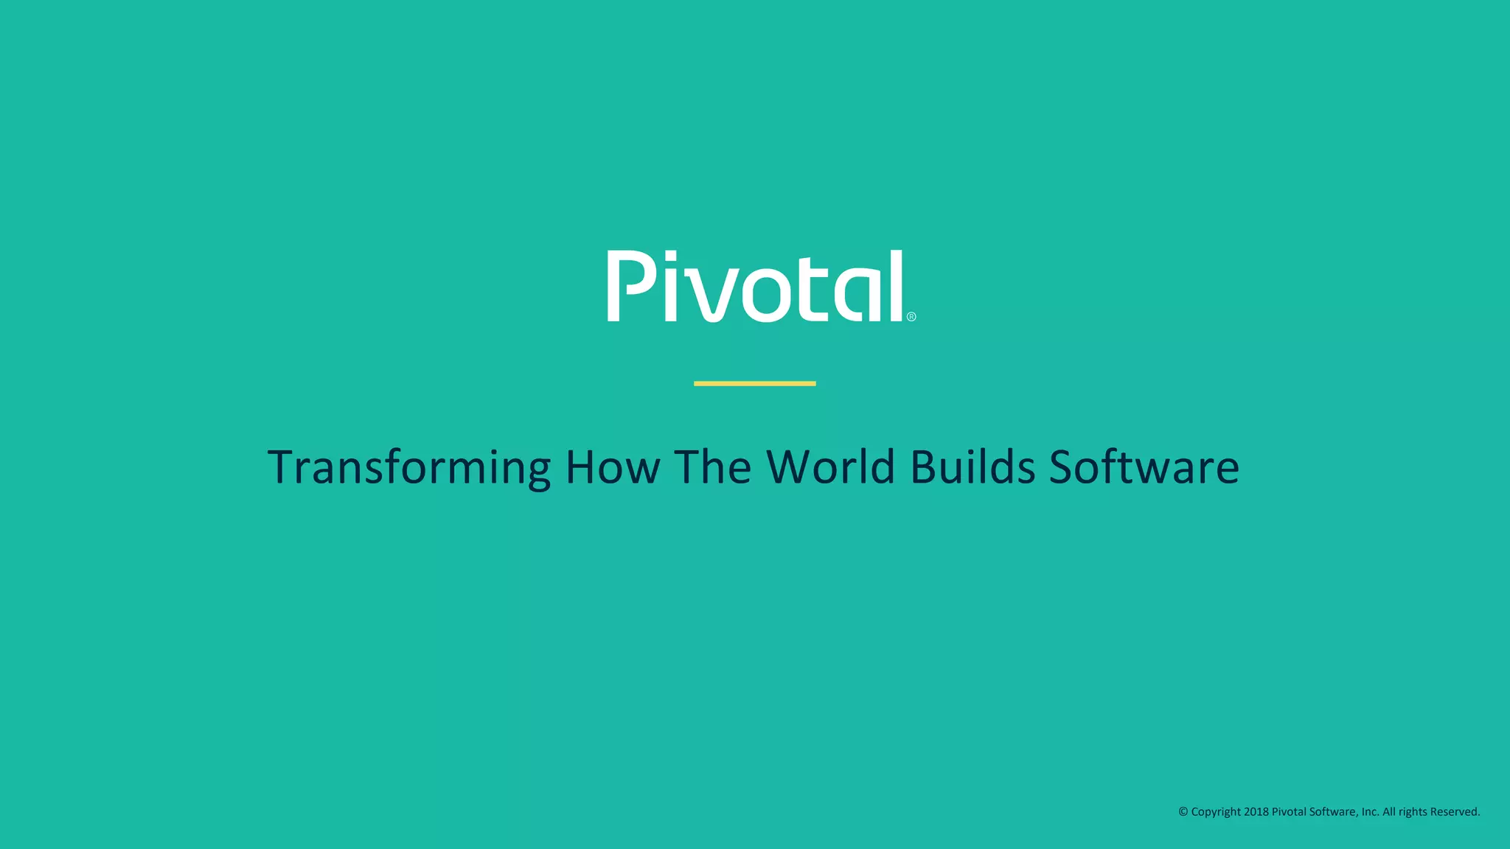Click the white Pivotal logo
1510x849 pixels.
[756, 286]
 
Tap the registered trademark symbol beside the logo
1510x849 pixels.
[911, 317]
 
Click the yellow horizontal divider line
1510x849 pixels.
[754, 383]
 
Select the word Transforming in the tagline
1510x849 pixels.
[409, 467]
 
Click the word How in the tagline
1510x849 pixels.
[612, 467]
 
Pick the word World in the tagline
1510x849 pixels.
[831, 467]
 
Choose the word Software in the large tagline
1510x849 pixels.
[1144, 467]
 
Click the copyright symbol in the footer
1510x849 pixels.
[1183, 811]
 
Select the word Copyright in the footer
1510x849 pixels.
[1216, 812]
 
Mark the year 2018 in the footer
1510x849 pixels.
[1256, 811]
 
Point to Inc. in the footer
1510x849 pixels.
[1370, 811]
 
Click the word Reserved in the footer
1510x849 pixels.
[1455, 811]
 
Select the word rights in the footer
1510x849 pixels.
[1413, 812]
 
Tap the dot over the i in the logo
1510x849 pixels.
[670, 256]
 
